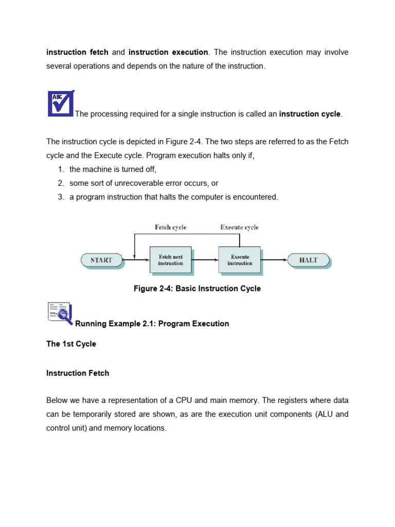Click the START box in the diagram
point(102,260)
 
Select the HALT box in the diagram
point(309,260)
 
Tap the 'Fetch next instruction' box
point(170,260)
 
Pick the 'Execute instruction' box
point(240,260)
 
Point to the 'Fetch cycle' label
point(171,227)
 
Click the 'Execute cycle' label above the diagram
point(239,227)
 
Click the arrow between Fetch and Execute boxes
point(204,260)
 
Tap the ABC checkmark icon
point(61,103)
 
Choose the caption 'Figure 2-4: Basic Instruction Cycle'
point(197,289)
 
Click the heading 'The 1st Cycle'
point(71,344)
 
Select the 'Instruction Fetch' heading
point(78,373)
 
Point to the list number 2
point(60,183)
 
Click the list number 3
point(60,197)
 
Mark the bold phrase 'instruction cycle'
point(310,114)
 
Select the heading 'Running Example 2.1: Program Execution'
point(152,324)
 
